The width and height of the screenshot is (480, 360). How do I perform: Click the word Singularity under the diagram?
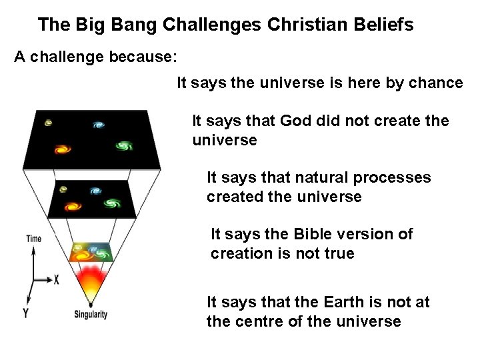click(91, 315)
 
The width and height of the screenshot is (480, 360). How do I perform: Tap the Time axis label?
click(33, 238)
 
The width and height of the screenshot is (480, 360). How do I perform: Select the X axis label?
click(56, 280)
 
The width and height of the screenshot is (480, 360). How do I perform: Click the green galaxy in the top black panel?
click(124, 145)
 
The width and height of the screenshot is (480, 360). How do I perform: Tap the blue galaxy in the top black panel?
click(99, 125)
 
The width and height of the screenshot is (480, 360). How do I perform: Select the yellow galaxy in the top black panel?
click(48, 123)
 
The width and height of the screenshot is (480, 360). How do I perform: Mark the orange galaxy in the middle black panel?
click(71, 205)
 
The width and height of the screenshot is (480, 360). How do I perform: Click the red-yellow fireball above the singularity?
click(92, 278)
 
